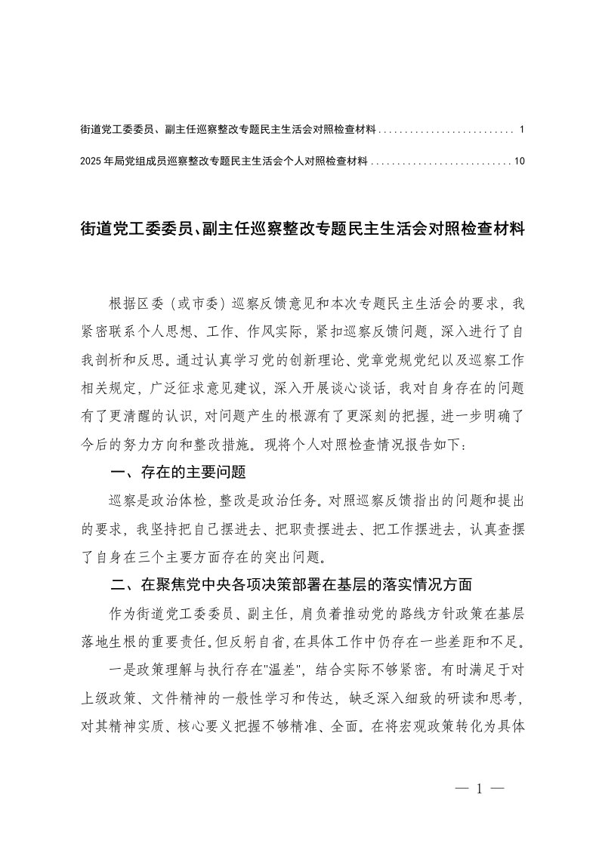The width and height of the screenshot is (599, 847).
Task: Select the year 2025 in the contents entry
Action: point(91,161)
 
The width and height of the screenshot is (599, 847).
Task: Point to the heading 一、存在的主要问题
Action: point(178,473)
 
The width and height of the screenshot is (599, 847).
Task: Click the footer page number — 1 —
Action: point(480,789)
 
